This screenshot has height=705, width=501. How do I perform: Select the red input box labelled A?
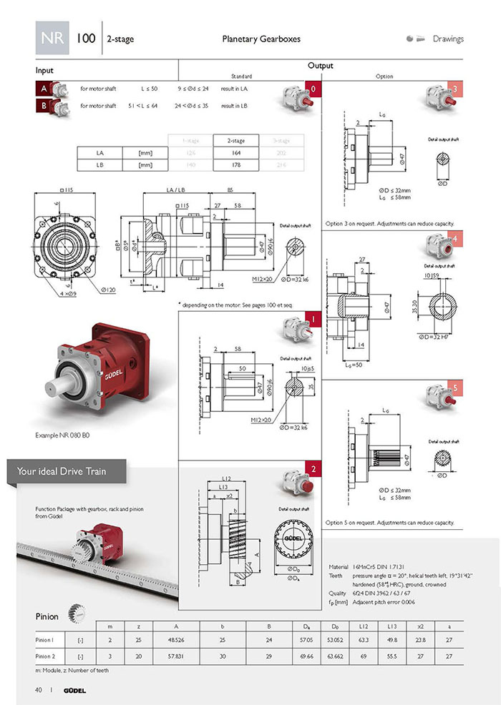click(x=42, y=89)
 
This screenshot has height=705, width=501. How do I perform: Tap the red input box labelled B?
click(x=42, y=107)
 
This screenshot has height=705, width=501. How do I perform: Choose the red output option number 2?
click(x=312, y=470)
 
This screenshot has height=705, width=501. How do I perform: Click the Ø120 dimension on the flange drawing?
click(x=109, y=290)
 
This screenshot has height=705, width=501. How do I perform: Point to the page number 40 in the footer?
click(x=38, y=689)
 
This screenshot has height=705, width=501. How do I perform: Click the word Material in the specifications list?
click(x=338, y=565)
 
